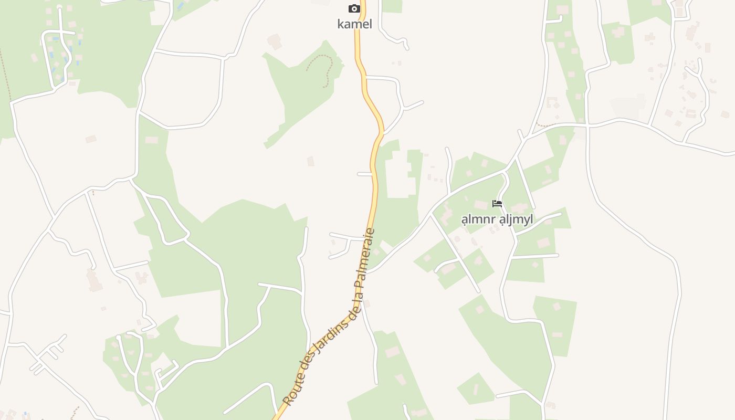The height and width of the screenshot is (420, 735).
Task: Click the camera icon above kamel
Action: (x=354, y=8)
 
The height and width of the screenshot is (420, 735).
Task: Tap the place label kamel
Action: (x=354, y=24)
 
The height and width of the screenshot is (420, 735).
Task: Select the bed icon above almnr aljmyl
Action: (x=497, y=204)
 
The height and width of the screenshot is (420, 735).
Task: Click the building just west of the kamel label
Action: (x=274, y=41)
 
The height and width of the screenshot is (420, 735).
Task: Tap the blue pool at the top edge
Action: (x=181, y=6)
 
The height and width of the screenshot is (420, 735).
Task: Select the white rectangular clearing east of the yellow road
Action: (x=397, y=173)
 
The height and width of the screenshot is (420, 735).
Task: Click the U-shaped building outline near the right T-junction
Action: (x=552, y=102)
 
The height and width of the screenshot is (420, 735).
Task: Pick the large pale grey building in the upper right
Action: (x=628, y=107)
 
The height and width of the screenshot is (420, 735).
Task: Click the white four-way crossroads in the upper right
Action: (x=587, y=126)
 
